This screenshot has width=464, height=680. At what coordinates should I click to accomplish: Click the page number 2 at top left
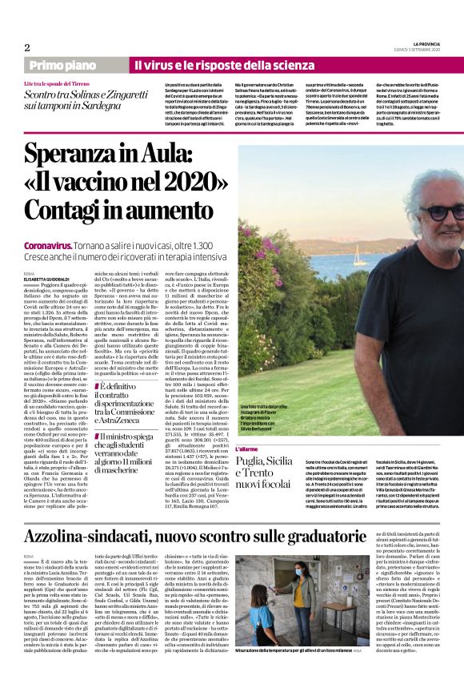click(26, 47)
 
